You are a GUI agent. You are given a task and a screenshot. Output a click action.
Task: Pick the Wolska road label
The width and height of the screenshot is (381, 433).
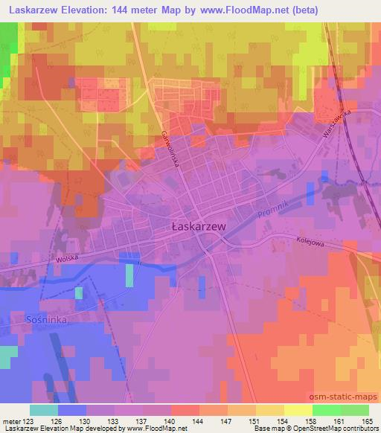pos(67,260)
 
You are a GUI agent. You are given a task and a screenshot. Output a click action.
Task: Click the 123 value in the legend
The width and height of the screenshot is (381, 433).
pos(25,420)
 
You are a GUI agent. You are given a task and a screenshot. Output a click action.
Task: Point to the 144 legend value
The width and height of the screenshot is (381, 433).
pos(199,420)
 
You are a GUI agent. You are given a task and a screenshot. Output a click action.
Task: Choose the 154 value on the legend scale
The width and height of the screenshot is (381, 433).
pos(284,420)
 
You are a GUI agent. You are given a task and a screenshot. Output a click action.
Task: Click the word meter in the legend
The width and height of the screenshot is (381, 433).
pos(10,420)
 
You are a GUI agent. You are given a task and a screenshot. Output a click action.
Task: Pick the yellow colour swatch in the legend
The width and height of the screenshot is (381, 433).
pos(298,410)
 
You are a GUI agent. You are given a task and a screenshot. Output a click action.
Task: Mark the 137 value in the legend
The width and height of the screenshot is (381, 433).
pos(143,420)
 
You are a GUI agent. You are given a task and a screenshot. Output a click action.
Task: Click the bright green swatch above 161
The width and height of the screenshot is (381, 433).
pos(326,410)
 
